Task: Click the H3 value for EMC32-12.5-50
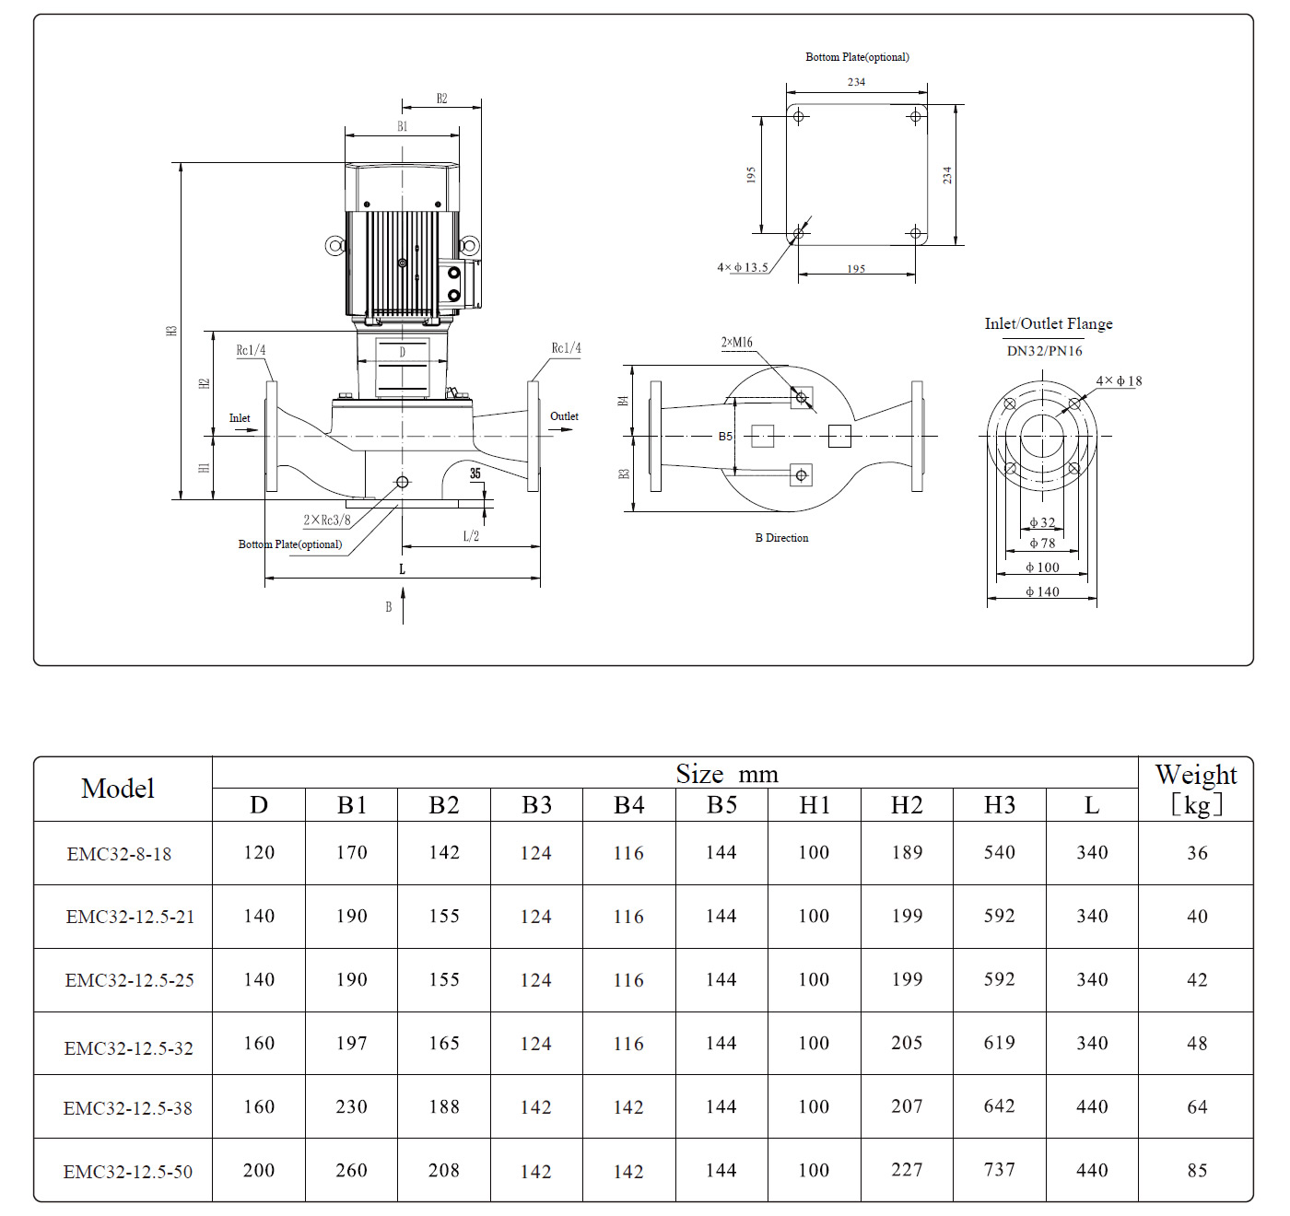pos(999,1170)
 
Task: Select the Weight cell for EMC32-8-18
pos(1196,853)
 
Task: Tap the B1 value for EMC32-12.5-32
pos(351,1043)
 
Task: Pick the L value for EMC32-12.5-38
pos(1092,1106)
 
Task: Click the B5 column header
pos(721,805)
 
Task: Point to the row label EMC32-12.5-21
pos(130,917)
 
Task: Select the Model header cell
pos(118,789)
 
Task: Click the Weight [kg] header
pos(1196,789)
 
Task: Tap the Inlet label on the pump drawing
pos(240,418)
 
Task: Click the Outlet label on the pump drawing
pos(564,416)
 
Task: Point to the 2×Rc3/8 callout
pos(327,520)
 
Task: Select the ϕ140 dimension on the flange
pos(1042,591)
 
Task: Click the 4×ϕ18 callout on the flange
pos(1119,380)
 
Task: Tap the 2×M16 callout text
pos(736,343)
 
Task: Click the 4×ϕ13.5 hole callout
pos(743,268)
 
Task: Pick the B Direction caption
pos(781,538)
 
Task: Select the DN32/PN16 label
pos(1044,351)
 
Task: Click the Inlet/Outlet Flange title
pos(1049,323)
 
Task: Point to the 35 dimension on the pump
pos(475,474)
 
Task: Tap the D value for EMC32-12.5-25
pos(259,979)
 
